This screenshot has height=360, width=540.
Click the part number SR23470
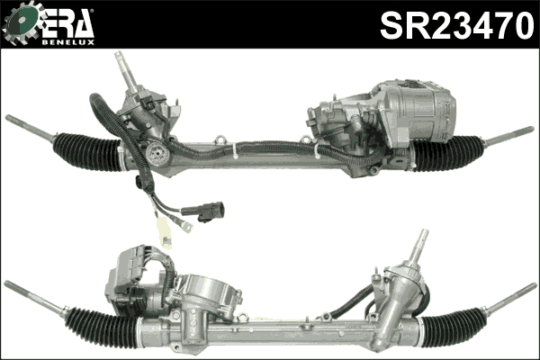tap(456, 24)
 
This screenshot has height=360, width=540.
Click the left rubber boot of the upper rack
tap(86, 150)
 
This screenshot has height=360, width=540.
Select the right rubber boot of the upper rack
tap(447, 154)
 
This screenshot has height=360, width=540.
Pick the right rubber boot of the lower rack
tap(453, 326)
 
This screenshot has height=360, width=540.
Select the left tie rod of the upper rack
tap(30, 127)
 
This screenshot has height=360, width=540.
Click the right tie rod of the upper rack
tap(508, 136)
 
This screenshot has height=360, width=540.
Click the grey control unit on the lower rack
tap(133, 274)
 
